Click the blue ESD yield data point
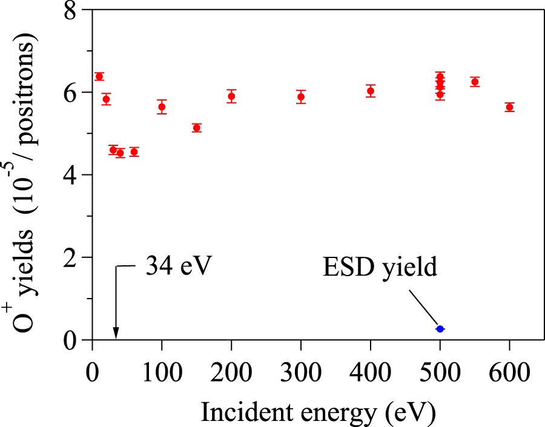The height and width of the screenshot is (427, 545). point(440,329)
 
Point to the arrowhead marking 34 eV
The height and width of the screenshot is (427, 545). point(116,334)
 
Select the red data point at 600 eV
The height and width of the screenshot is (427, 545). point(509,107)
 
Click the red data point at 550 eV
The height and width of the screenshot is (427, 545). point(475,82)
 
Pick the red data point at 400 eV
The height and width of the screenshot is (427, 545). point(371,91)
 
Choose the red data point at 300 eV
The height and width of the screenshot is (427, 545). point(300,96)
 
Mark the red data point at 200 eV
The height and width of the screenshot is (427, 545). point(231,96)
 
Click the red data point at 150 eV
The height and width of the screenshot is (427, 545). point(196,128)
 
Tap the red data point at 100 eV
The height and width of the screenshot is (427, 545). point(162,107)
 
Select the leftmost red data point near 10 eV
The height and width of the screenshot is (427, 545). point(99,76)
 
